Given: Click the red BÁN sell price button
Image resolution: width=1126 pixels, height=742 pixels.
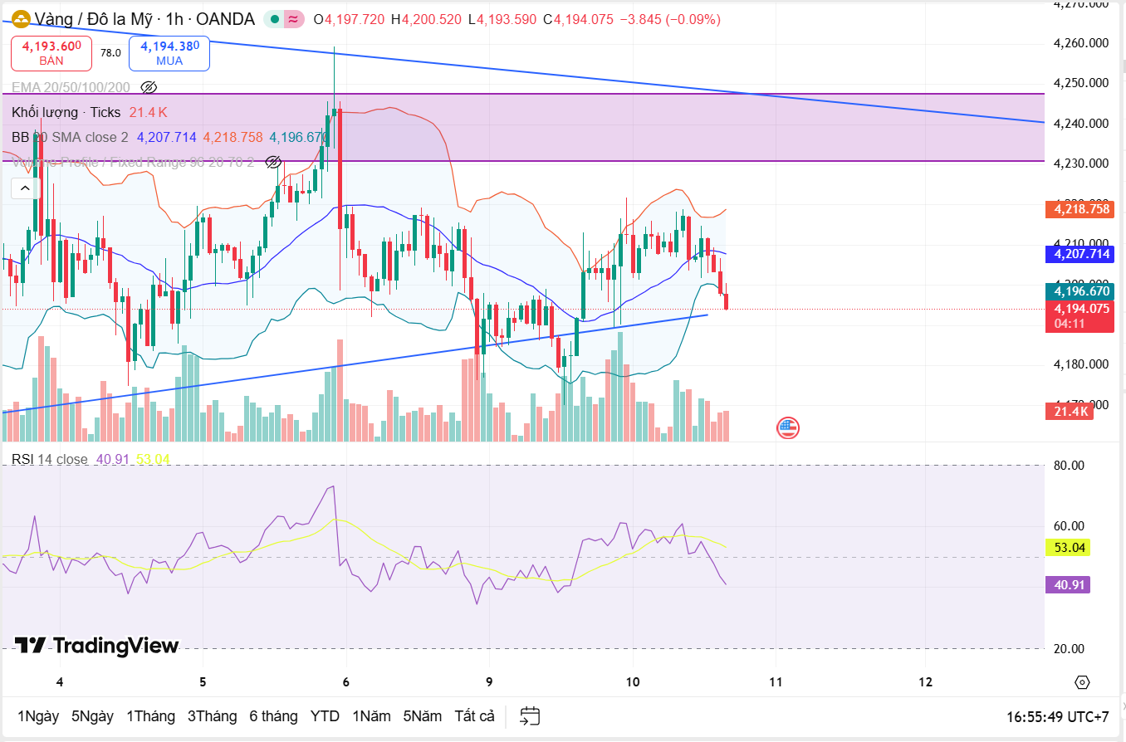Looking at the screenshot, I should coord(51,53).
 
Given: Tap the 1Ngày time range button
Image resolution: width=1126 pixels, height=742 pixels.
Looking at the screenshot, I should coord(38,715).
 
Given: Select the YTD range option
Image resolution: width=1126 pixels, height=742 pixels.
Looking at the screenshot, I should coord(325,715).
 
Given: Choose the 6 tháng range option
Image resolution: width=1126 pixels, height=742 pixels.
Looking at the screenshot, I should coord(273,715).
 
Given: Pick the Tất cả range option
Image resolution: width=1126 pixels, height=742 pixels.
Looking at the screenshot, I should coord(474,715).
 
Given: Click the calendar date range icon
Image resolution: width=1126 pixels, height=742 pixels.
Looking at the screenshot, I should coord(530,715).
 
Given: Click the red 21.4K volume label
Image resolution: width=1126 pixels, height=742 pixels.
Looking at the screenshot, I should coord(1070,411).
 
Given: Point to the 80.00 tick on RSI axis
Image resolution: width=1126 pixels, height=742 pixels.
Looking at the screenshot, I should coord(1069,466).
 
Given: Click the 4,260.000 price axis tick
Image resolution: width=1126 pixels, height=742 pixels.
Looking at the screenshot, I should coord(1081,43).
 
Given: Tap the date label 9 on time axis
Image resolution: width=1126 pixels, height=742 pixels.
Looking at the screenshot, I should coord(489,682).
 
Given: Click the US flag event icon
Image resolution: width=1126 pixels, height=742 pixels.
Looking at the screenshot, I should coord(787,428).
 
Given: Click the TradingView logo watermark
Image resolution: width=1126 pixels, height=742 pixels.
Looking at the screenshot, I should coord(96,646).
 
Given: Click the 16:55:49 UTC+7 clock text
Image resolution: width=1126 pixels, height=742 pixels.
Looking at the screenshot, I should coord(1057,716).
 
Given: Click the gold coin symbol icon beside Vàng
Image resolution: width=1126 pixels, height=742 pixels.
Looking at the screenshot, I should coord(21,18).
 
